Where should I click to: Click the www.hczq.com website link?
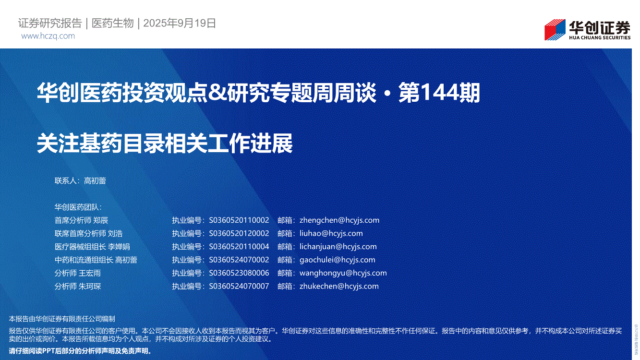(x=48, y=36)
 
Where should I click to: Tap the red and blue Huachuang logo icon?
(x=555, y=29)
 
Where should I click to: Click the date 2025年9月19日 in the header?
(x=180, y=23)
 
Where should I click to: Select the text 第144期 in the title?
(x=439, y=93)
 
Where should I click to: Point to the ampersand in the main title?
(x=217, y=93)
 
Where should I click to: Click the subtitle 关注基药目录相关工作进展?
(x=165, y=143)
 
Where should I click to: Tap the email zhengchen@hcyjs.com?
(x=339, y=220)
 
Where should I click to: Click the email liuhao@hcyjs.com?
(x=331, y=233)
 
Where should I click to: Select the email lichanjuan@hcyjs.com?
(x=338, y=247)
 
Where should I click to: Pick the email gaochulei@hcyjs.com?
(x=338, y=260)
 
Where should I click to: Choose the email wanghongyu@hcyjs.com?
(x=343, y=273)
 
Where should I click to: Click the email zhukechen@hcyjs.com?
(x=339, y=286)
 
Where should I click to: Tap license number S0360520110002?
(x=239, y=220)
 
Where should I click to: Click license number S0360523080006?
(x=239, y=273)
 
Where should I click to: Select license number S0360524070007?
(x=239, y=286)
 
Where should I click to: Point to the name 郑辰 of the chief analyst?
(x=100, y=220)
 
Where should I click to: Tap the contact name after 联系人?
(x=95, y=181)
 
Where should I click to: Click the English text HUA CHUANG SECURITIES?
(x=599, y=37)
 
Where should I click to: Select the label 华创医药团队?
(x=76, y=207)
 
